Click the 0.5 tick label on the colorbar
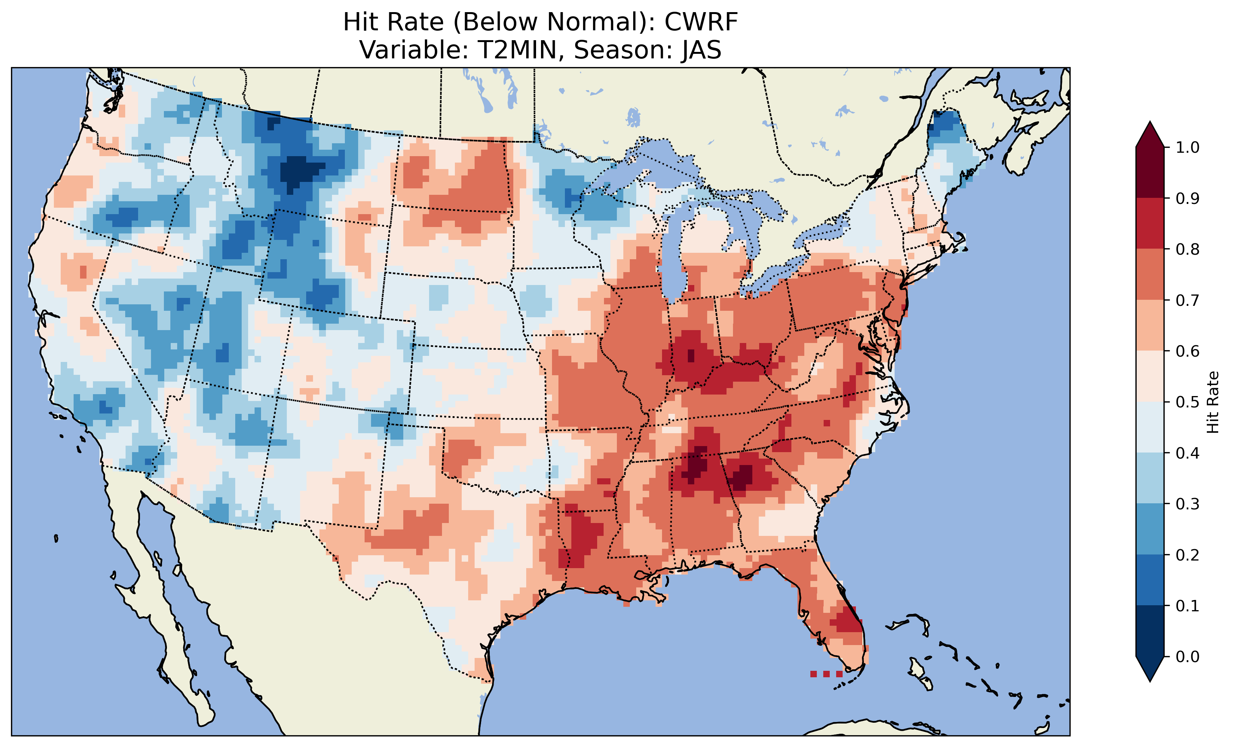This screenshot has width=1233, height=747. click(1187, 402)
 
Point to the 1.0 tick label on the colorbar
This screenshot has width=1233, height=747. click(1187, 147)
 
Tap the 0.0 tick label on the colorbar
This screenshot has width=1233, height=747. click(1187, 656)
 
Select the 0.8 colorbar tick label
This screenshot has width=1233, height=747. click(1187, 249)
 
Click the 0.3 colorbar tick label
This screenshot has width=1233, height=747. click(1187, 504)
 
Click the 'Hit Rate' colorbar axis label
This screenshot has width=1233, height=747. click(1213, 402)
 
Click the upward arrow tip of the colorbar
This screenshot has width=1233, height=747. click(1150, 125)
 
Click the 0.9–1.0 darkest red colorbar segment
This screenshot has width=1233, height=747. click(1150, 172)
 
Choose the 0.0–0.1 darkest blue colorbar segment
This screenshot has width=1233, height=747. click(1150, 631)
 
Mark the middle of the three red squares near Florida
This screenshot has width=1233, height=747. click(826, 674)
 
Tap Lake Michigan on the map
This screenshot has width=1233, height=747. click(673, 255)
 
